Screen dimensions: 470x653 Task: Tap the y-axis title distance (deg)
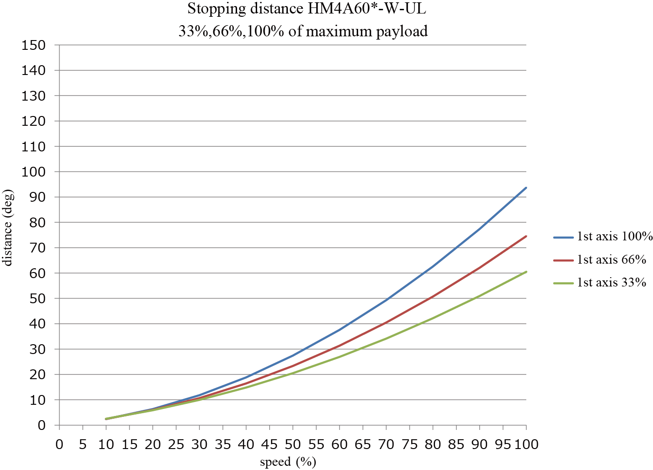coord(7,227)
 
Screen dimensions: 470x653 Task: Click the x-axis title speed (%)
coord(288,462)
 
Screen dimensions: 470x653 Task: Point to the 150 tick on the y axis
coord(34,45)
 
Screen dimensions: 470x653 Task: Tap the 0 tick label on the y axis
coord(42,425)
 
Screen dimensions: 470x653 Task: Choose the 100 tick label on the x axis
coord(526,444)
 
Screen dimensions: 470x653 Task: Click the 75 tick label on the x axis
coord(409,444)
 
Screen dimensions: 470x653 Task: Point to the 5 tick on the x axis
coord(82,444)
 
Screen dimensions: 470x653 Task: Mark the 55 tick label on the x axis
coord(316,444)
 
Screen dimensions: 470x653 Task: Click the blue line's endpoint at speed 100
coord(526,188)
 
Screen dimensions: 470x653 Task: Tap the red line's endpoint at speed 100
coord(526,236)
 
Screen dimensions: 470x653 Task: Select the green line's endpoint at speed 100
coord(526,272)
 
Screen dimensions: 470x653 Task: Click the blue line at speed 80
coord(433,266)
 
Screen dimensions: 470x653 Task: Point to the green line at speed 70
coord(386,339)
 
